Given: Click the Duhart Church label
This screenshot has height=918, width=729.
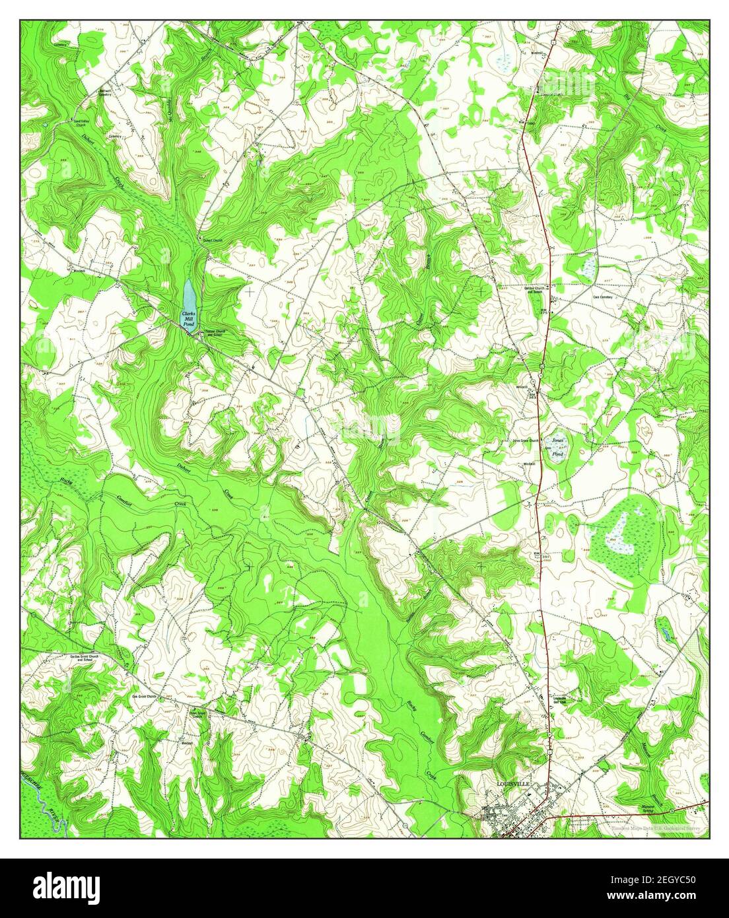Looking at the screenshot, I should coord(215,241).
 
